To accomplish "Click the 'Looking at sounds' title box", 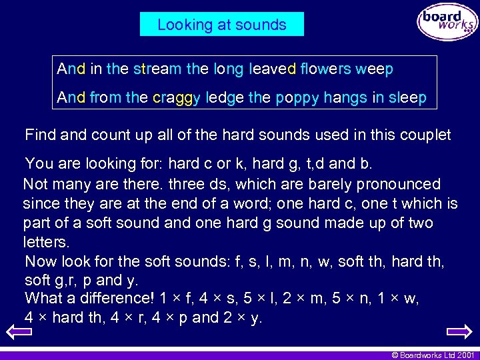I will (221, 25).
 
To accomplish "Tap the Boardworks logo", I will (447, 23).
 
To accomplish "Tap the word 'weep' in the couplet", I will (375, 69).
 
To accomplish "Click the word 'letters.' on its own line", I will (46, 241).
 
